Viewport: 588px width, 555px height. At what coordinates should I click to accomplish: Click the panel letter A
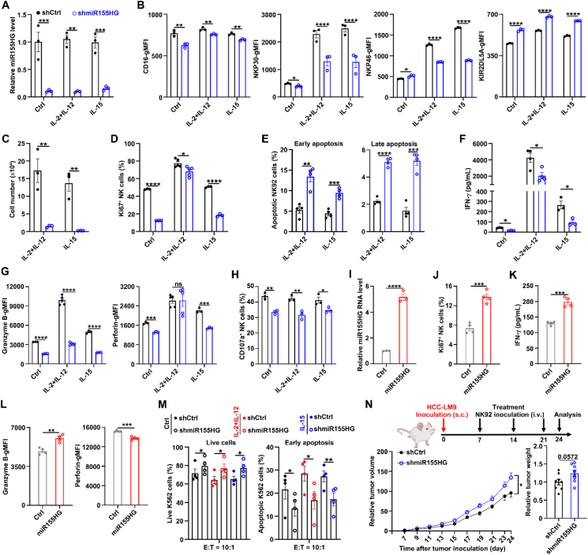(x=6, y=6)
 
